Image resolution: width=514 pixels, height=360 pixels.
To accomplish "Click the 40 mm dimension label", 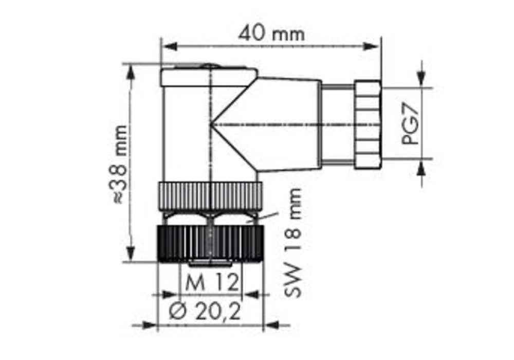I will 271,34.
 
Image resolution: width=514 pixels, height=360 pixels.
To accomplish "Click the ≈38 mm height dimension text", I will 120,164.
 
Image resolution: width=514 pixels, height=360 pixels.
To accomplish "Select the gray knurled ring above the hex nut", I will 210,195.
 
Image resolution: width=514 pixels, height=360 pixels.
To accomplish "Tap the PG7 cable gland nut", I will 368,124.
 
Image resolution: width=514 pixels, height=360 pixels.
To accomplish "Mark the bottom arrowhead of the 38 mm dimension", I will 131,254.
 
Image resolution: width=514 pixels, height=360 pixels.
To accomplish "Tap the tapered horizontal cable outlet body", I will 288,124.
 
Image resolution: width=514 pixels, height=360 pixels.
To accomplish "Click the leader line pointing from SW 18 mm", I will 265,217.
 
